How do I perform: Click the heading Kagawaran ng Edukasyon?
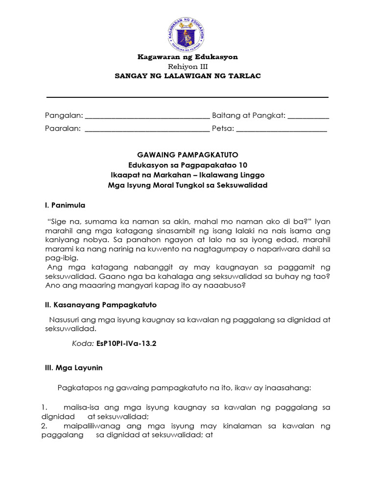(x=188, y=57)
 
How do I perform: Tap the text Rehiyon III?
(x=188, y=67)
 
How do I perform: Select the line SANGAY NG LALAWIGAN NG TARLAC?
(x=188, y=76)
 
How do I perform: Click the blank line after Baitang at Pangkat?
(x=308, y=116)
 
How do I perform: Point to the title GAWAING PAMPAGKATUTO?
(x=188, y=155)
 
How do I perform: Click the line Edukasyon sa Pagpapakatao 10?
(x=188, y=165)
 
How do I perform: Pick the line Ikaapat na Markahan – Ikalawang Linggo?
(x=188, y=175)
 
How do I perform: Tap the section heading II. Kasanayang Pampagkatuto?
(x=101, y=305)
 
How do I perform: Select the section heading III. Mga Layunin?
(x=74, y=368)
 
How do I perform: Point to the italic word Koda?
(x=83, y=344)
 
